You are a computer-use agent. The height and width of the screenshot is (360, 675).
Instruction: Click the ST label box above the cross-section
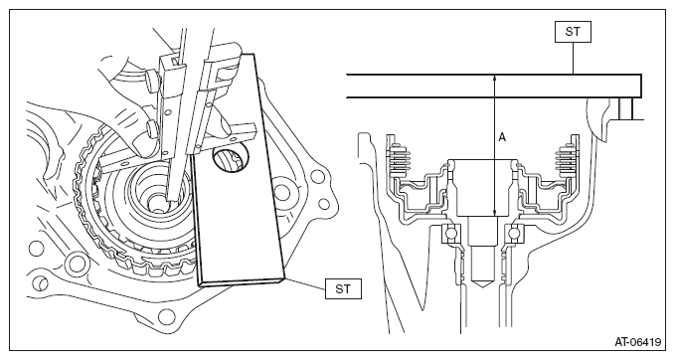[x=573, y=32]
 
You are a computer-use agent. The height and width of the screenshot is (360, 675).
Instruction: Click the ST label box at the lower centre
[x=343, y=288]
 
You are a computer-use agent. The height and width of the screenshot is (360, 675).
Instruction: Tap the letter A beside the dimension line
[x=502, y=137]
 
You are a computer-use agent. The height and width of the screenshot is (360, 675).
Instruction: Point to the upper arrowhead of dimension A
[x=495, y=79]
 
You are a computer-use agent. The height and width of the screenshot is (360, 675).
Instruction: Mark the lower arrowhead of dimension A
[x=495, y=212]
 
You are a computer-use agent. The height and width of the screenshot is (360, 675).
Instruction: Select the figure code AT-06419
[x=637, y=342]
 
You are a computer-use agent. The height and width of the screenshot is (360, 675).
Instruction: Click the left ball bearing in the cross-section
[x=449, y=235]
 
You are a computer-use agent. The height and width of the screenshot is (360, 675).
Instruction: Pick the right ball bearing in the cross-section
[x=514, y=235]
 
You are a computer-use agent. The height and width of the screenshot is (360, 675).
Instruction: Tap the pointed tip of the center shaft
[x=480, y=287]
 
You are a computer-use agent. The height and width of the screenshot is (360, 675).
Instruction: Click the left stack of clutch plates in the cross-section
[x=399, y=159]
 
